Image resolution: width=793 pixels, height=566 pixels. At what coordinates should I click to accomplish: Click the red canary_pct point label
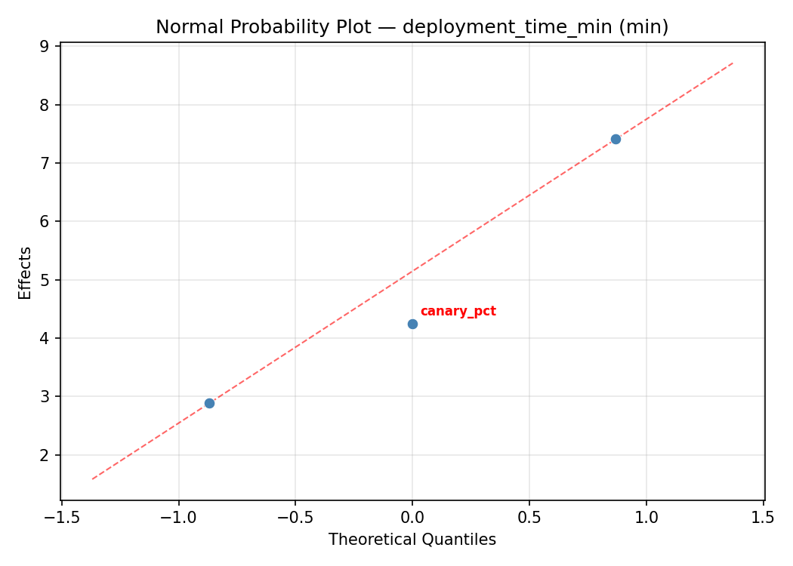(x=458, y=312)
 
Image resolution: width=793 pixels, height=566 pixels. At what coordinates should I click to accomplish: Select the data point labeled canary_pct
(x=412, y=324)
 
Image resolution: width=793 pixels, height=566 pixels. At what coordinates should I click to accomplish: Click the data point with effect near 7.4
(x=616, y=139)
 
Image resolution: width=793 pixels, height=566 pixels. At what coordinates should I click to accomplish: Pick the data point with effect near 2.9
(x=209, y=403)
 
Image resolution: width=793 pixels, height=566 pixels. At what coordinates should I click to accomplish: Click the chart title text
(x=412, y=27)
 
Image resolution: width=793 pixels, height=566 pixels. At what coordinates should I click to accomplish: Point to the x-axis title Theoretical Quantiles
(x=412, y=540)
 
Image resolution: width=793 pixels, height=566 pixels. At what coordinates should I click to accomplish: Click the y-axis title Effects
(x=26, y=273)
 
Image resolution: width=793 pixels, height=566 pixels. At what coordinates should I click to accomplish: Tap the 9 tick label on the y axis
(x=45, y=46)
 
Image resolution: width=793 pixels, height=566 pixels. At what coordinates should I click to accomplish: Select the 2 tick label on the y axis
(x=45, y=455)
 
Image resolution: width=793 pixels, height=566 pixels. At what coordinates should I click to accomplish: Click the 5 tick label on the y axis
(x=45, y=280)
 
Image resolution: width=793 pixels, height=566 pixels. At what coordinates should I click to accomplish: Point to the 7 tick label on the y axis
(x=45, y=163)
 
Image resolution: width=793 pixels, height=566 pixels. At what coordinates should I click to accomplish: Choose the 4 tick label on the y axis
(x=45, y=338)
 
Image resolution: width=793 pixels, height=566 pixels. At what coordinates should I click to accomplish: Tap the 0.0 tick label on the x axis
(x=412, y=518)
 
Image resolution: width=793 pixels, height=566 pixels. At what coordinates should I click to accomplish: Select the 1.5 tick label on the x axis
(x=763, y=518)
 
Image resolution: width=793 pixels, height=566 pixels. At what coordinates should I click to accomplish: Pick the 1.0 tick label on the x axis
(x=646, y=518)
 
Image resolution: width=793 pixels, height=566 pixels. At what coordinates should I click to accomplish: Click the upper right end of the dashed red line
(x=733, y=63)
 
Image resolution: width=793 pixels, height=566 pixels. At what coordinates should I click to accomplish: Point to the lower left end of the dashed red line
(x=92, y=479)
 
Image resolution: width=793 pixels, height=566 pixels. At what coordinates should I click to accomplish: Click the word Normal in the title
(x=184, y=27)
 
